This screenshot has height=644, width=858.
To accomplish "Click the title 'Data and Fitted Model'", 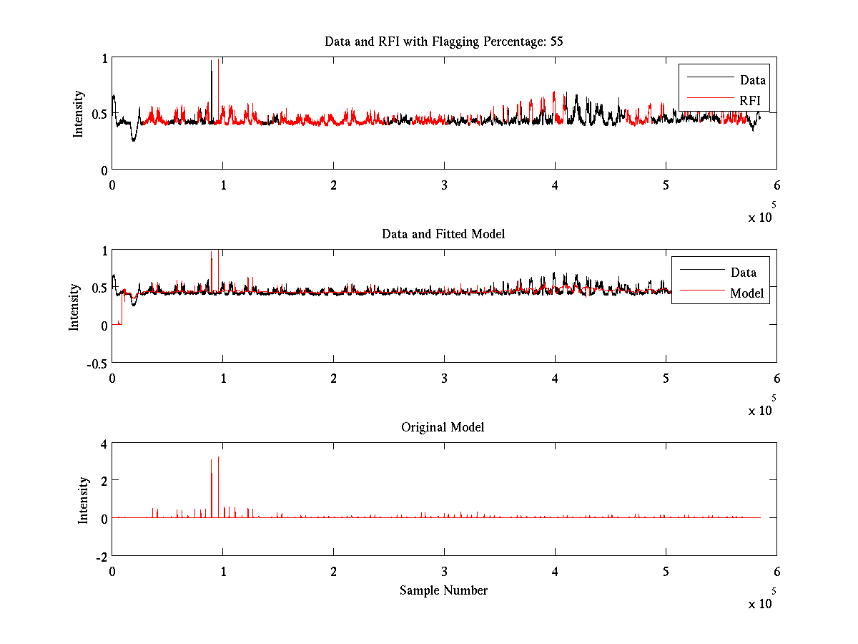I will (443, 234).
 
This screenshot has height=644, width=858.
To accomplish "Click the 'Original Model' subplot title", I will (443, 427).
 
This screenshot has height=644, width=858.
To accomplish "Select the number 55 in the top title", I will (556, 42).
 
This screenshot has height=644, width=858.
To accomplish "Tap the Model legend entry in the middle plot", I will (746, 293).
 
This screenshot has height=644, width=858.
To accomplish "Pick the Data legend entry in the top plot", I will (752, 80).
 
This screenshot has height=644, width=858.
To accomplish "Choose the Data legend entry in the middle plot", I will (743, 273).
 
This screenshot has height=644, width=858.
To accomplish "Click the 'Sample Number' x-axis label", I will (443, 590).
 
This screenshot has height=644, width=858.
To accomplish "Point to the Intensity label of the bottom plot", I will (84, 499).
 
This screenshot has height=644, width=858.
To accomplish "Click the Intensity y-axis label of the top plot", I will (79, 114).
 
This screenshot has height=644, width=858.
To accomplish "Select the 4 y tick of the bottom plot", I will (104, 444).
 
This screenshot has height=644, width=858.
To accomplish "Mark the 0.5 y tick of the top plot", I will (99, 114).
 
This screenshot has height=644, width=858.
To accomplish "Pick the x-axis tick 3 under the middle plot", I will (444, 378).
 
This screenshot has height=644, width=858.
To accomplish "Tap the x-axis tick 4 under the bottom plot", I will (555, 572).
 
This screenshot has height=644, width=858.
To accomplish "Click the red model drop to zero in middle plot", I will (119, 323).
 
